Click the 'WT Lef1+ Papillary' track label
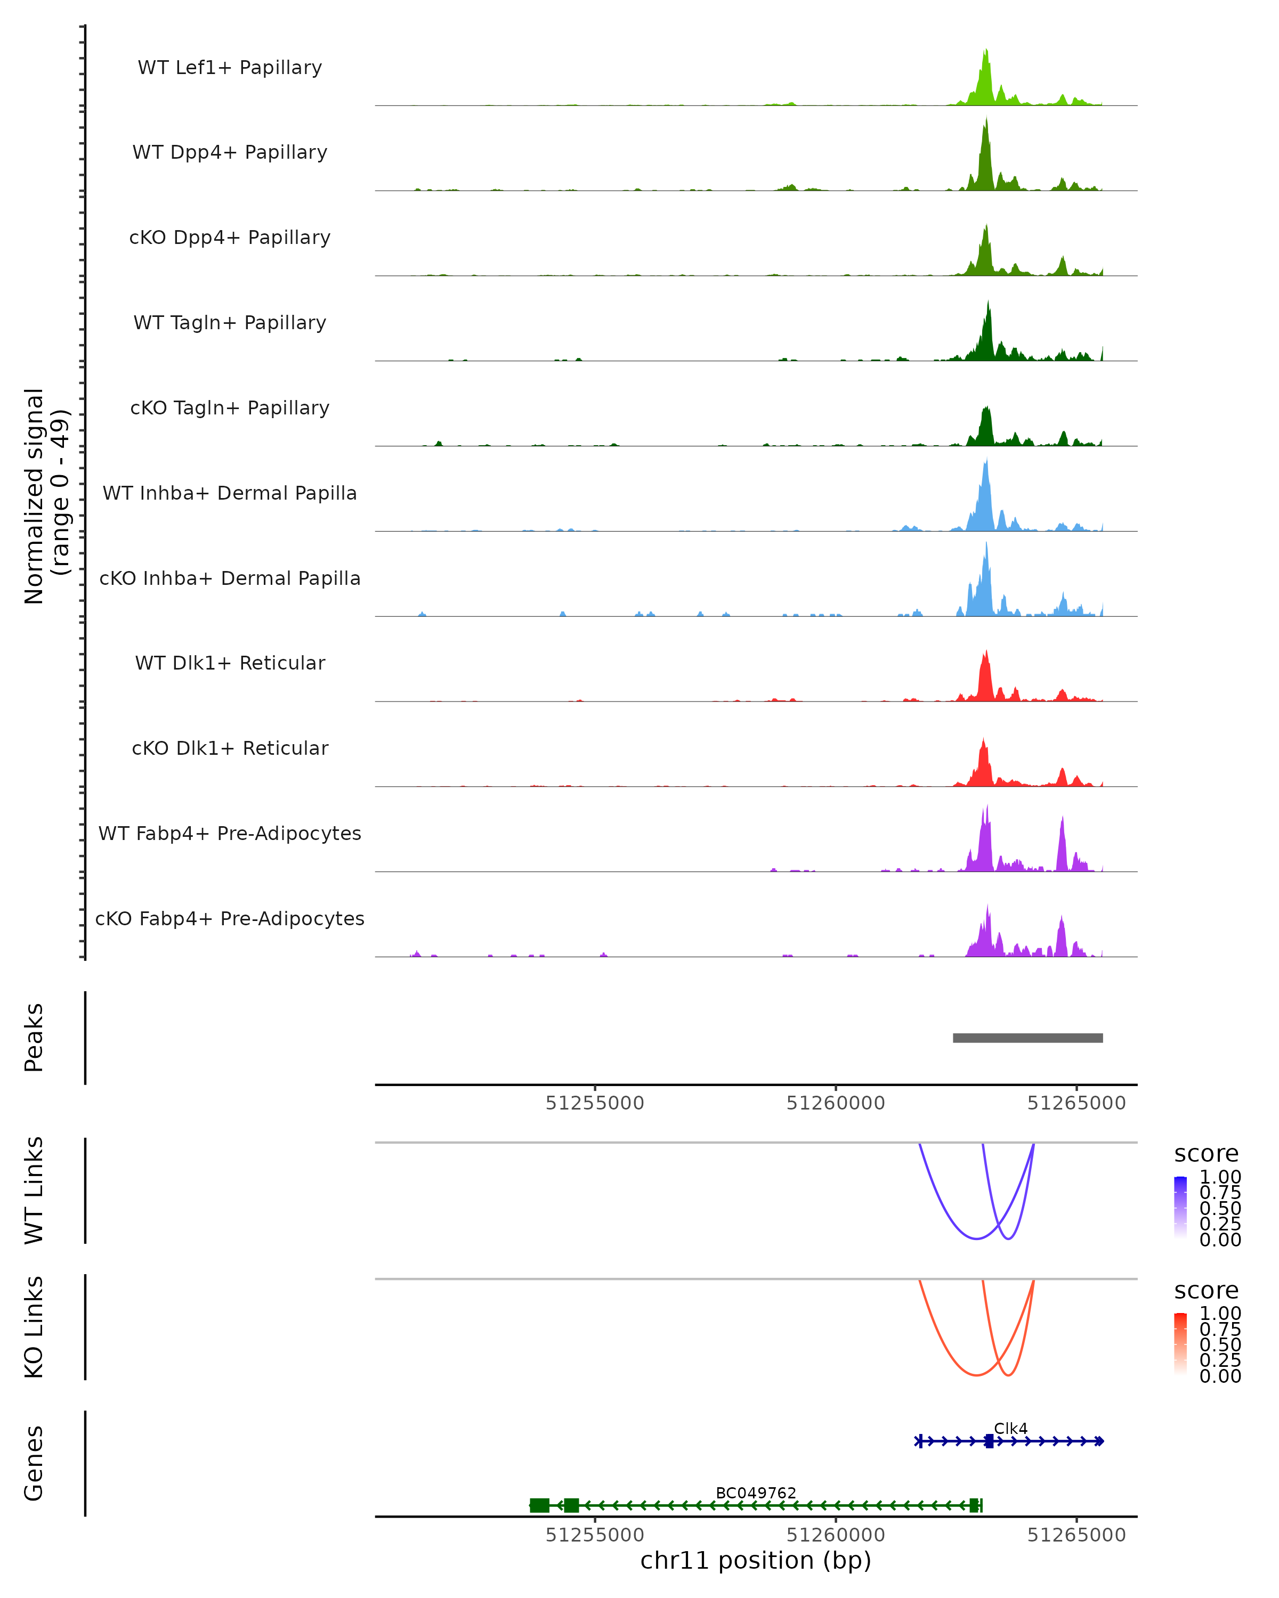pos(230,68)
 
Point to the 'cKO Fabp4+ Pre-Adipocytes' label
pos(230,918)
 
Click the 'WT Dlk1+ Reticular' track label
pos(230,663)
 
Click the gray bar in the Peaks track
pos(1027,1038)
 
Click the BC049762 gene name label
pos(756,1493)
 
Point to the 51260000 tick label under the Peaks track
pos(836,1104)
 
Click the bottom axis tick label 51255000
pos(595,1535)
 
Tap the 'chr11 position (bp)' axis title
pos(756,1561)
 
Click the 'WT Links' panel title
pos(34,1191)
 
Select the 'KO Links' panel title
pos(34,1327)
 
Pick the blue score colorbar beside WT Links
pos(1180,1208)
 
